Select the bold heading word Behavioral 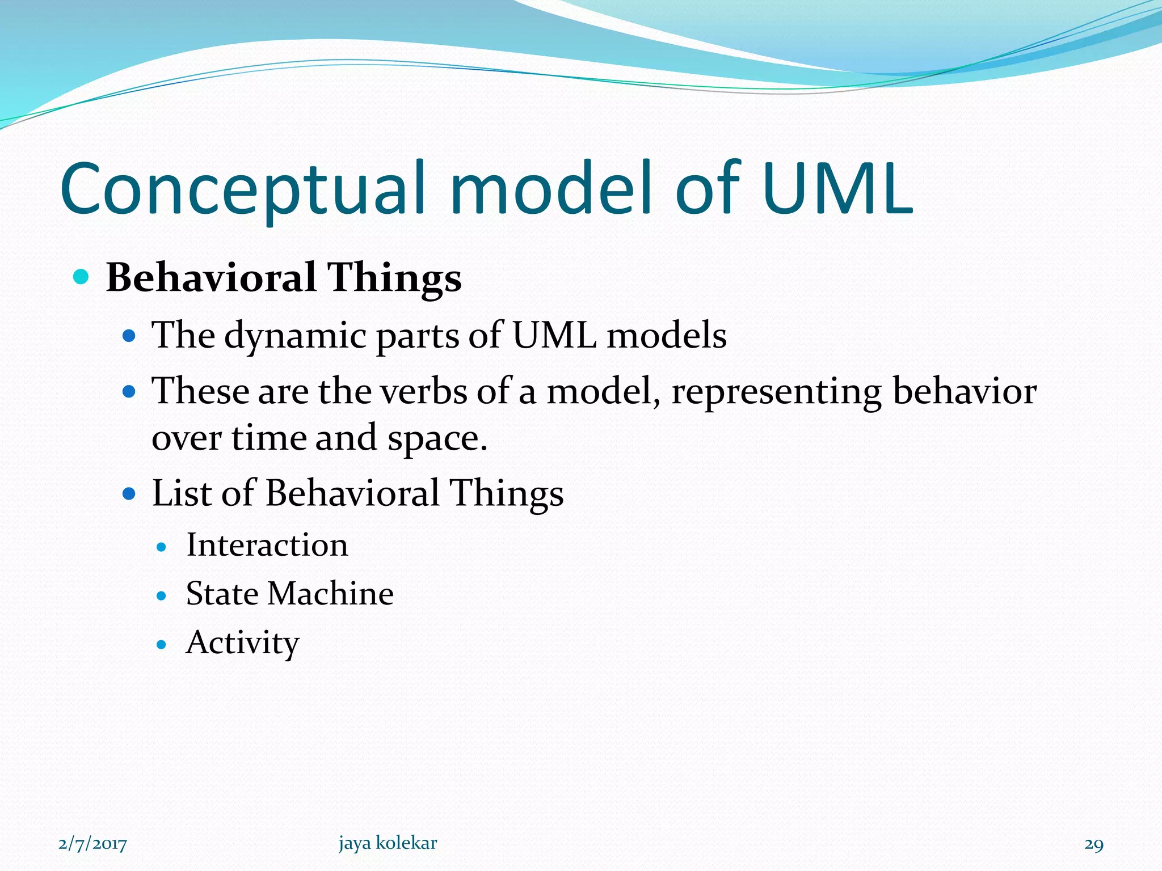coord(210,277)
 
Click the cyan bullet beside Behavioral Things coord(82,277)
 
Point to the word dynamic coord(295,336)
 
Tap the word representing coord(776,392)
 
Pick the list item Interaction coord(267,546)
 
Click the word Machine coord(330,594)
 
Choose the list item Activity coord(242,643)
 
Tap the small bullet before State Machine coord(162,596)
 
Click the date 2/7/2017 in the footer coord(92,844)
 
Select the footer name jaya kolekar coord(388,843)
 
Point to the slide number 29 coord(1093,844)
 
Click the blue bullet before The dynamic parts coord(129,336)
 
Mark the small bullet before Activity coord(162,645)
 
